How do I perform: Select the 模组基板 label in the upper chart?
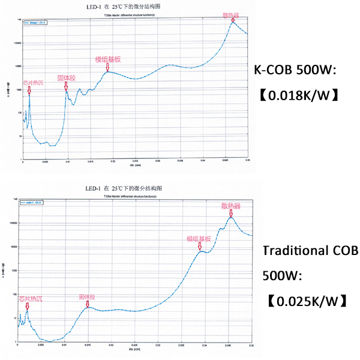[x=108, y=59]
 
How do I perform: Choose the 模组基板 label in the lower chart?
[x=199, y=238]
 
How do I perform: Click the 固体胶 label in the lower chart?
[x=87, y=296]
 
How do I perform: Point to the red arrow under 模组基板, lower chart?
[x=200, y=246]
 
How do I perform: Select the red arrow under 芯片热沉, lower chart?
[x=27, y=305]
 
